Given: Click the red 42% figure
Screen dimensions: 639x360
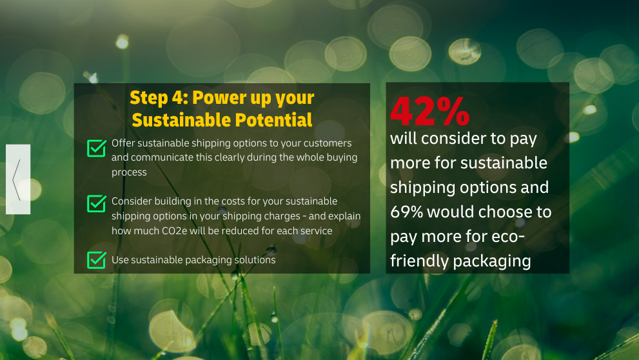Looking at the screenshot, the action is pos(430,111).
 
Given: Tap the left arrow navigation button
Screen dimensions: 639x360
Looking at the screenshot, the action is pos(18,179).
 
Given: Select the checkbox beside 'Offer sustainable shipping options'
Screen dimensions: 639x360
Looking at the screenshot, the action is pos(97,148).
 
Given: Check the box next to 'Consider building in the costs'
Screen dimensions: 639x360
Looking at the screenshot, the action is pos(97,203).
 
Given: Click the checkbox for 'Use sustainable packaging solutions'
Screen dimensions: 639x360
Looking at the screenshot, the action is pos(97,260).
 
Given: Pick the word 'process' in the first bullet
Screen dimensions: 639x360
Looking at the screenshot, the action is pos(129,172).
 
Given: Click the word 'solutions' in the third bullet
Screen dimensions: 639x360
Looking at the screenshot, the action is pos(255,260).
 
